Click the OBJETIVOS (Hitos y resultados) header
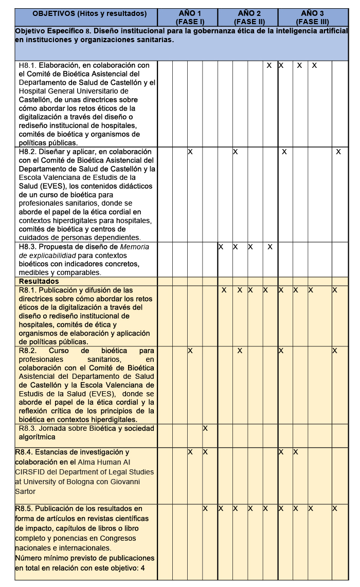pos(86,13)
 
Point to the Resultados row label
pos(39,281)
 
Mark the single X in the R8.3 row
pos(205,428)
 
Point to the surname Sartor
pos(26,491)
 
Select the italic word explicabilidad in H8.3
pos(53,255)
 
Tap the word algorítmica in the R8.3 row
pos(37,437)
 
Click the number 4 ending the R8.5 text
pos(142,567)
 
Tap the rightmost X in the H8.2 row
pos(338,152)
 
